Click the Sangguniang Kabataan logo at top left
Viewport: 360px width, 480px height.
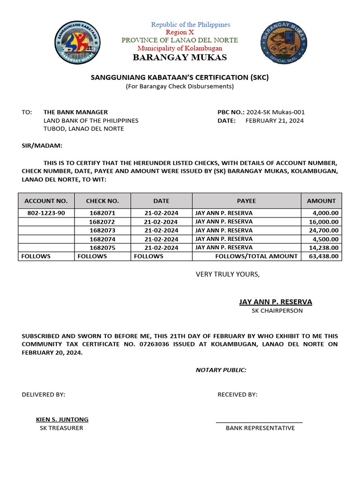point(78,42)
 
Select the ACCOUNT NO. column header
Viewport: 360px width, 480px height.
point(46,201)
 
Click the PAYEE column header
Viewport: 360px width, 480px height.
point(246,201)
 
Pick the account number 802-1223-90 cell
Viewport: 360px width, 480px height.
point(46,213)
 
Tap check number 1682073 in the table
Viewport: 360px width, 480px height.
point(102,230)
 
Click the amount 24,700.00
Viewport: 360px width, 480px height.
point(323,230)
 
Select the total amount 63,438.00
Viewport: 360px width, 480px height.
point(323,256)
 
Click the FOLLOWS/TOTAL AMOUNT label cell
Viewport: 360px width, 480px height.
point(256,256)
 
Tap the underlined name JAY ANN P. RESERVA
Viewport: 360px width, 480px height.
point(275,302)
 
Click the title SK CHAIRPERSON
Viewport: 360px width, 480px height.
point(277,311)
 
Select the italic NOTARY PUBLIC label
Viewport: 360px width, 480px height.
point(221,370)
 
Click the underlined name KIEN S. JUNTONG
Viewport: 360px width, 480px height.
point(62,420)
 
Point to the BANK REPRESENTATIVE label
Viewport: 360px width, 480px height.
point(260,428)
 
